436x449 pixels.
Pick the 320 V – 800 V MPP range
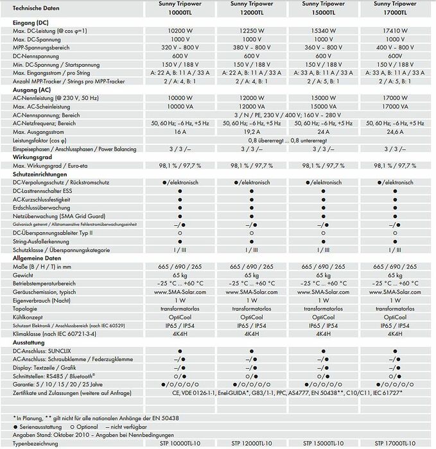point(177,47)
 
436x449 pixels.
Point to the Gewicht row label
point(24,274)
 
